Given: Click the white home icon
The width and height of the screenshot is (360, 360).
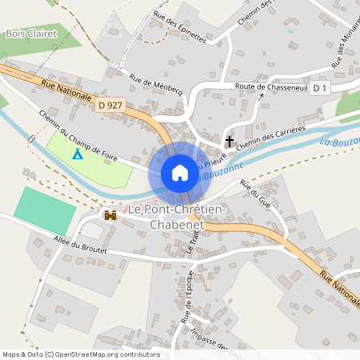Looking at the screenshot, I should point(180,173).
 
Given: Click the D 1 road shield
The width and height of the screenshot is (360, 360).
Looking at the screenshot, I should point(320,86).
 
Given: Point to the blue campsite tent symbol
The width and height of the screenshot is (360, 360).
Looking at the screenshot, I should point(77,153).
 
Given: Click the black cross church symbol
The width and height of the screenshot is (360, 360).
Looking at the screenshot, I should point(230,142).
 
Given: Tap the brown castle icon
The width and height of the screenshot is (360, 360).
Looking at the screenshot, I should point(110,214).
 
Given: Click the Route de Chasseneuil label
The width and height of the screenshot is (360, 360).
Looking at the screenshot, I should point(270,86).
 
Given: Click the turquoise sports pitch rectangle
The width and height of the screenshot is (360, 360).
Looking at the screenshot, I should point(45,206).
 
